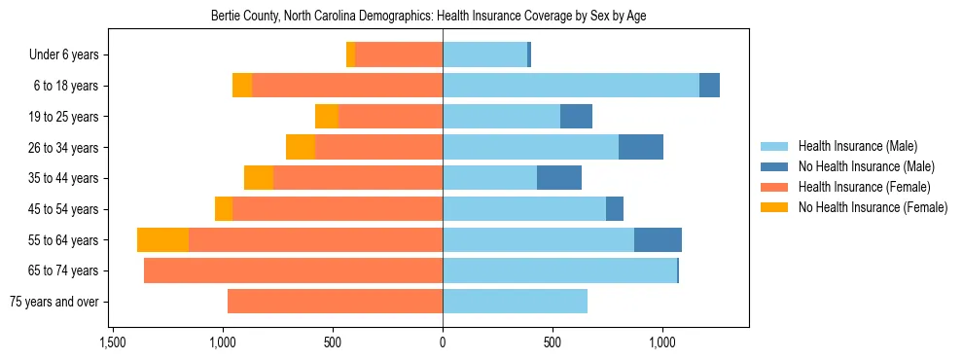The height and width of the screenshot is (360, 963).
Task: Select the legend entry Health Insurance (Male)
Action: [x=857, y=146]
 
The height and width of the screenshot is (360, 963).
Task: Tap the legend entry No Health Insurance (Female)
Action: [x=873, y=207]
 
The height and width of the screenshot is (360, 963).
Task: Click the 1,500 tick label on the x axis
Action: [x=113, y=342]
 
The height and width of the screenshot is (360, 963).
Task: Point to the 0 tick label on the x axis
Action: [x=443, y=342]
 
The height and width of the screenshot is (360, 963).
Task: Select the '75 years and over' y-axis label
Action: [x=54, y=302]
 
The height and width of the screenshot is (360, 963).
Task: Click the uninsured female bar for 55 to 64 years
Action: [x=162, y=240]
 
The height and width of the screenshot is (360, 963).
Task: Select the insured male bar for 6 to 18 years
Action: [x=571, y=86]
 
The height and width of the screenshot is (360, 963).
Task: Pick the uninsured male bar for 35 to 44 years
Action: [x=559, y=178]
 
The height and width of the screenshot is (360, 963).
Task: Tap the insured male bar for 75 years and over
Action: [x=515, y=302]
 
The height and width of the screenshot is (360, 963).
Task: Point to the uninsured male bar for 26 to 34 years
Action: [x=641, y=147]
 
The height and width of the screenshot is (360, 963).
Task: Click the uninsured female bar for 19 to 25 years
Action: [x=326, y=117]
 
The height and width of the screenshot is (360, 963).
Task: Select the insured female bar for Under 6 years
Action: [x=399, y=55]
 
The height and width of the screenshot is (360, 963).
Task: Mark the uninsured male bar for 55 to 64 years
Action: [x=658, y=240]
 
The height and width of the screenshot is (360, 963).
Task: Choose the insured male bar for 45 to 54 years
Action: [x=524, y=209]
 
